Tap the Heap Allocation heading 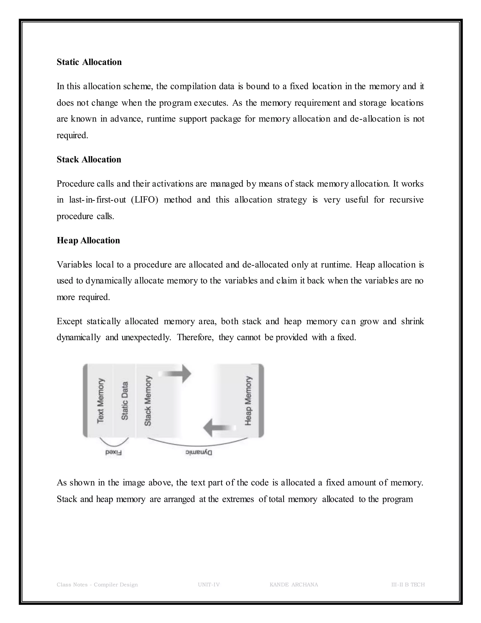88,240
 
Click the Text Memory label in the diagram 101,401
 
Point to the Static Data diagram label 124,401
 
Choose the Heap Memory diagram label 248,401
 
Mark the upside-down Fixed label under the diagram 113,453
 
